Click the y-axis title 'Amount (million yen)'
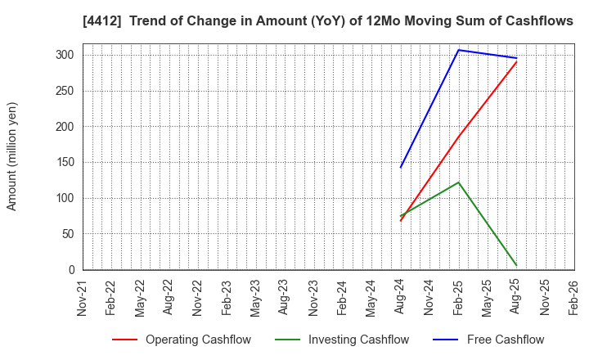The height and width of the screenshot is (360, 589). click(12, 156)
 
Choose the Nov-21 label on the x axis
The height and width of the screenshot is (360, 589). click(83, 300)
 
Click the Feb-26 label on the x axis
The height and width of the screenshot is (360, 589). click(573, 300)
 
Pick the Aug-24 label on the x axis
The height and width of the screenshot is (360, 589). click(401, 300)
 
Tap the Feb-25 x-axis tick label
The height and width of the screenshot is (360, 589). click(458, 300)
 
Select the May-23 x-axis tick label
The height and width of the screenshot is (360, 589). click(256, 300)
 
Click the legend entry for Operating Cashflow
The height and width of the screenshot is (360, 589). click(182, 340)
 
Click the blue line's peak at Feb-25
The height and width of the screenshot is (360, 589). click(459, 50)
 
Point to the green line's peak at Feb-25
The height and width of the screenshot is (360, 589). click(459, 182)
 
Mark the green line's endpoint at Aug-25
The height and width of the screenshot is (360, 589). click(516, 265)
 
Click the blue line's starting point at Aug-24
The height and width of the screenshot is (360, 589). click(401, 168)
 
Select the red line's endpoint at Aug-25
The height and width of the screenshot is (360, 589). click(516, 62)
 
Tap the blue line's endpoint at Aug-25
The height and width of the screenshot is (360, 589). click(516, 58)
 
